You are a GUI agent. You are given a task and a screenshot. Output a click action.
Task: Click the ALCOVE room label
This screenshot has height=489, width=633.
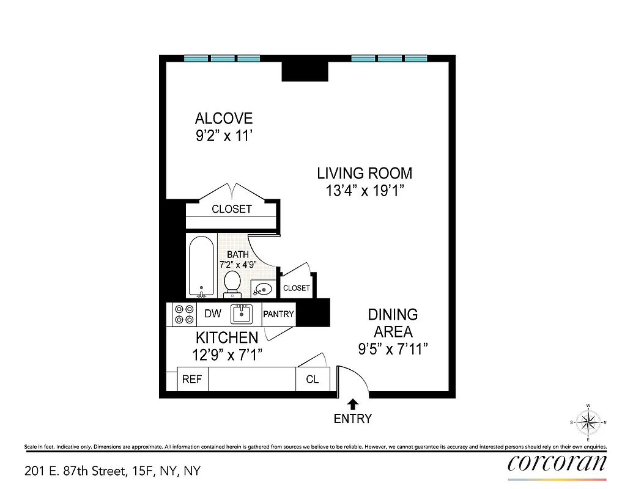[223, 118]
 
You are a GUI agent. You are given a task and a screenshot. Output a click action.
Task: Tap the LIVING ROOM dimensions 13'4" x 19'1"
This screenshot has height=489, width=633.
[365, 191]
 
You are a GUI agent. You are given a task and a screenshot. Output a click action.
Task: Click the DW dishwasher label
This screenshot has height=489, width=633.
[212, 314]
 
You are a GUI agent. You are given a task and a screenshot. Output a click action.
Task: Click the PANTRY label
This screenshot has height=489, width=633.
[278, 314]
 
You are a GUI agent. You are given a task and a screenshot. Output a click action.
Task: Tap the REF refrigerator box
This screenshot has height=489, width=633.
[192, 379]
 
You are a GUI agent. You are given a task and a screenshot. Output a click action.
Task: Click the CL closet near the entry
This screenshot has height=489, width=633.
[313, 379]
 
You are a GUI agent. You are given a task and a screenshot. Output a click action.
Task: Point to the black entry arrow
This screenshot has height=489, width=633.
[353, 404]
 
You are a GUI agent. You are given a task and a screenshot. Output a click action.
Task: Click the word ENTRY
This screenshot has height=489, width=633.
[353, 419]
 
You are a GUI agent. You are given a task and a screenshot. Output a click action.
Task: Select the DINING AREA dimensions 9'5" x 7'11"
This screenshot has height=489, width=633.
[392, 349]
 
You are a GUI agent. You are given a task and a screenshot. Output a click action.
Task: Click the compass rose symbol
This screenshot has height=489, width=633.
[588, 422]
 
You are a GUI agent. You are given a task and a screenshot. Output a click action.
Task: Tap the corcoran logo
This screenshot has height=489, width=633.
[557, 463]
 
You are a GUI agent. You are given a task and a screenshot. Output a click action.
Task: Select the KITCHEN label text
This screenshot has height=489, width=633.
[226, 337]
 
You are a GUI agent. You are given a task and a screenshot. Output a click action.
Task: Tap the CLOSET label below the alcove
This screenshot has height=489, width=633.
[232, 209]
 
